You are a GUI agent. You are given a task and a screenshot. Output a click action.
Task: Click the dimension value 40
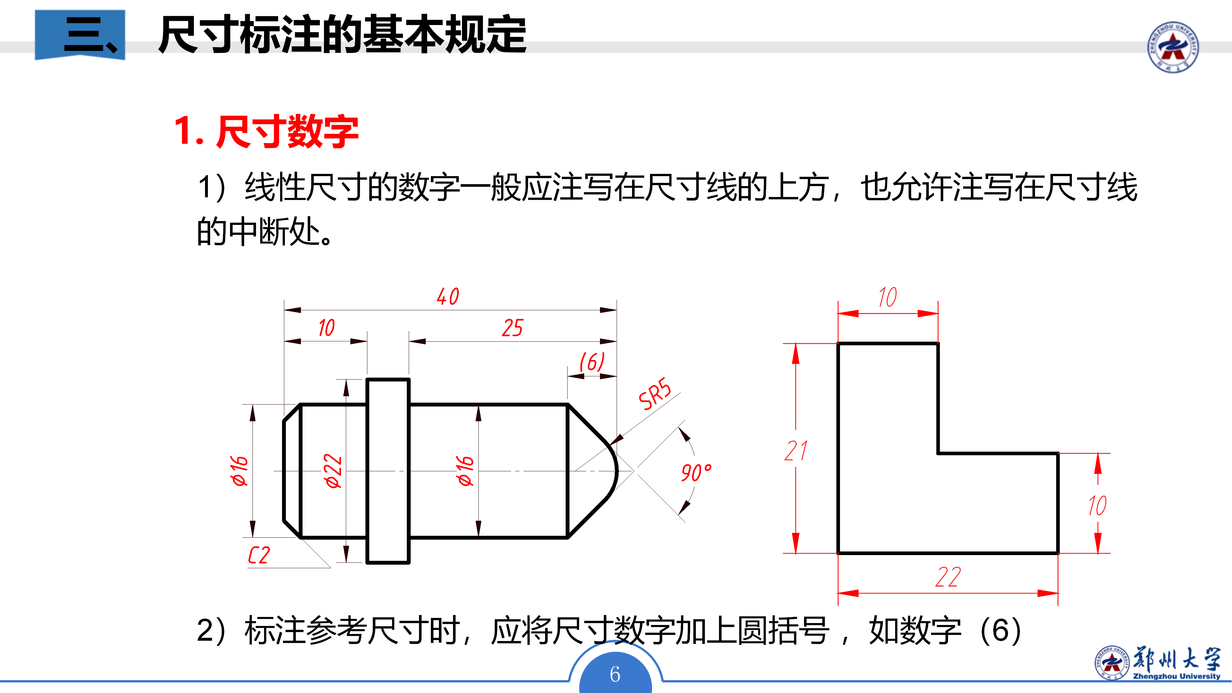(x=448, y=296)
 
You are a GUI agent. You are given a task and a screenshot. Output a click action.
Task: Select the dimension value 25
(x=512, y=328)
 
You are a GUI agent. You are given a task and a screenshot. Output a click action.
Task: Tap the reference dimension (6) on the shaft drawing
(x=592, y=362)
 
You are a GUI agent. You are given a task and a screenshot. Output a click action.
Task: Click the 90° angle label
(x=696, y=473)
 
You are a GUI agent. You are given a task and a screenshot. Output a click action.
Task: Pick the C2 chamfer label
(x=259, y=555)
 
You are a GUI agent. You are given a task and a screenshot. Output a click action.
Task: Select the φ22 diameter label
(x=333, y=471)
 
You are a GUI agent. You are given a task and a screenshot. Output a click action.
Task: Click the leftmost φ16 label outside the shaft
(x=239, y=471)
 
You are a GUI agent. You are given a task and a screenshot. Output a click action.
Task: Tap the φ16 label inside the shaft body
(x=465, y=471)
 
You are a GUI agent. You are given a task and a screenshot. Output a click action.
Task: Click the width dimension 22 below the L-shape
(x=948, y=577)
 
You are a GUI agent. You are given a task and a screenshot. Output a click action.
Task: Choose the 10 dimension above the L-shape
(x=888, y=297)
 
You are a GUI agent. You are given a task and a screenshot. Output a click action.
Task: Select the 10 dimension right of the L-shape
(x=1097, y=506)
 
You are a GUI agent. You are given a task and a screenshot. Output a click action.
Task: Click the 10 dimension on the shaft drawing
(x=327, y=328)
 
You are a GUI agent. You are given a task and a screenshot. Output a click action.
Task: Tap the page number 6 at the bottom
(x=615, y=674)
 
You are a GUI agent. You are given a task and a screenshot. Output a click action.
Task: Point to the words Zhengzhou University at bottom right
(x=1176, y=676)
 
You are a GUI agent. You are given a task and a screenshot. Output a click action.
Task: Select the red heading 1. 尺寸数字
(x=266, y=131)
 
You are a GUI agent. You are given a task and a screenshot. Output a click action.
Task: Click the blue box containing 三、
(x=80, y=34)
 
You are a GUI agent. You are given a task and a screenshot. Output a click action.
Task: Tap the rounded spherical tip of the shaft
(x=616, y=471)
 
